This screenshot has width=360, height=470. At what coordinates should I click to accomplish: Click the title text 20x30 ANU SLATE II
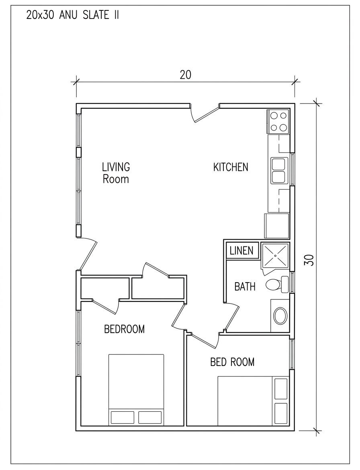click(72, 15)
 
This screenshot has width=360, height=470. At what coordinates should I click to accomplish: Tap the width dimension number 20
click(185, 75)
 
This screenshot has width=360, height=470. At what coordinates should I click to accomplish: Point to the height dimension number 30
click(309, 260)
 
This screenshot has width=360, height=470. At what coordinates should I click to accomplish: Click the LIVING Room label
click(116, 173)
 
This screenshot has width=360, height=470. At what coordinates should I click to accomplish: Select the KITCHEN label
click(231, 167)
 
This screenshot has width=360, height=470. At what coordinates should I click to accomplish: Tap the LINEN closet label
click(241, 250)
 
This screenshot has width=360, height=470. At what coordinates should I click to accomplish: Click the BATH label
click(245, 287)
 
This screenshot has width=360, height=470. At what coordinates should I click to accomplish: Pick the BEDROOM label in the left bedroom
click(124, 329)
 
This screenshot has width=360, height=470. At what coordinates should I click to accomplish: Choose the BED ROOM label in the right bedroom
click(232, 362)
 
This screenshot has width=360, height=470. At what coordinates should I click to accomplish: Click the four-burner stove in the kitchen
click(278, 121)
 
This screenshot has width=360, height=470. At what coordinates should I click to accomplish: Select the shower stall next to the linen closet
click(275, 255)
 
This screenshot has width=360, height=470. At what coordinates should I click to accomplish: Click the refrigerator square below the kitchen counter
click(276, 226)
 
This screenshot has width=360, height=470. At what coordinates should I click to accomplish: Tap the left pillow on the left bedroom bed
click(123, 417)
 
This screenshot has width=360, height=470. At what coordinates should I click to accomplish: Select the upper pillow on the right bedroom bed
click(281, 389)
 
